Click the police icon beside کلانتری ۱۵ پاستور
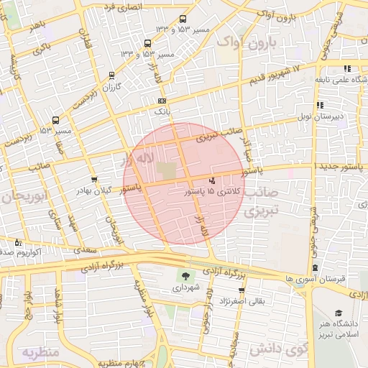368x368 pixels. coord(212,181)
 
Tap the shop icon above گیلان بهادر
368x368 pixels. coord(93,179)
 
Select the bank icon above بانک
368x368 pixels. coord(162,101)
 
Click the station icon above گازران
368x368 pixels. coord(110,74)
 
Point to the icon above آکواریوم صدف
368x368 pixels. coord(17,242)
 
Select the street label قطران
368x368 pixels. coord(86,36)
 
